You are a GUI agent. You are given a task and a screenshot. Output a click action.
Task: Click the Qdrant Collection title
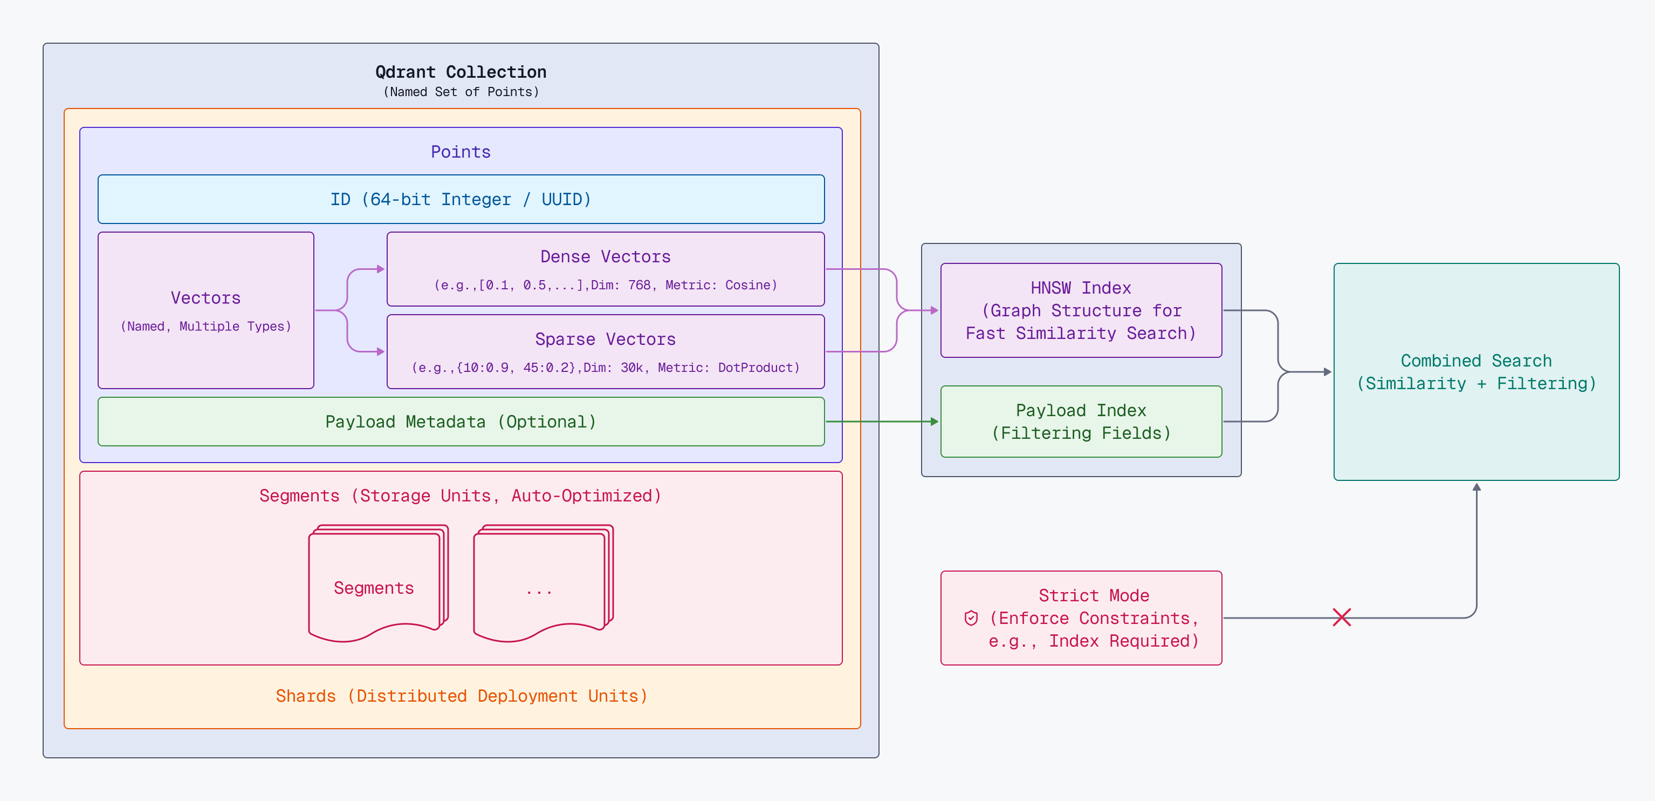click(461, 72)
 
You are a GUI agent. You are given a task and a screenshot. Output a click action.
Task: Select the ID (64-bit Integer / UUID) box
click(461, 199)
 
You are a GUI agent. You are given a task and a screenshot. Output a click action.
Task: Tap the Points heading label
click(461, 152)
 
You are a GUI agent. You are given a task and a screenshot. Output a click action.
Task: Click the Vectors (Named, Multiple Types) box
click(205, 310)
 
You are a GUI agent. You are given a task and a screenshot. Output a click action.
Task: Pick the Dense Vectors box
click(605, 269)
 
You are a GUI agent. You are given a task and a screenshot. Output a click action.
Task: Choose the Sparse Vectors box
click(605, 351)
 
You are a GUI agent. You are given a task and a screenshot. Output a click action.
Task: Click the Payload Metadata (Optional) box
click(461, 422)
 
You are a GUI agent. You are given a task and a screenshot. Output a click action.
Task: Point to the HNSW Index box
click(1081, 310)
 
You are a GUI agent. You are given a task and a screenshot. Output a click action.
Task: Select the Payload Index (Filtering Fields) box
click(1081, 422)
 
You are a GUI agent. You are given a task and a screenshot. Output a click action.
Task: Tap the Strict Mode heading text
click(1094, 595)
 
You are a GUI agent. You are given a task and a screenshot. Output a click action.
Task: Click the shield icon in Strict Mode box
click(971, 618)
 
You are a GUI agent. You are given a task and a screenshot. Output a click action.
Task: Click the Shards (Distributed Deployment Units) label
click(461, 696)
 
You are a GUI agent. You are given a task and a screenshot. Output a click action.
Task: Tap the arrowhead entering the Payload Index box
click(935, 422)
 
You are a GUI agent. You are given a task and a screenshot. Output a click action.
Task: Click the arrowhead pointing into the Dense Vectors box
click(381, 269)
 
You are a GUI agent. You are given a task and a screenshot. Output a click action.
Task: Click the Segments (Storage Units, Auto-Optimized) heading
click(461, 495)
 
